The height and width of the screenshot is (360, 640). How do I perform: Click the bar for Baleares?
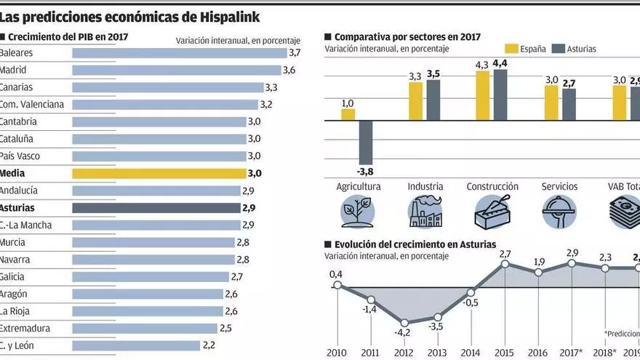click(x=179, y=53)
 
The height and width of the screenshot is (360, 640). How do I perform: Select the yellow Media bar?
click(x=159, y=173)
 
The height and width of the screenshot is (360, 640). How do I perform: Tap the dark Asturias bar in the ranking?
click(x=156, y=208)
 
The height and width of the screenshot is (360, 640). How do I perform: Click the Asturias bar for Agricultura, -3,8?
click(x=366, y=143)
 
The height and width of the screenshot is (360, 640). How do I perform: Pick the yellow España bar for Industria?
click(x=415, y=101)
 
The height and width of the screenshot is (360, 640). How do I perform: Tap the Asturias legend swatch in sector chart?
click(x=559, y=49)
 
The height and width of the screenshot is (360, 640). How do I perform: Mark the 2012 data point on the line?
click(x=404, y=320)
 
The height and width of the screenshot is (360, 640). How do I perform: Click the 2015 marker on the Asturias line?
click(x=505, y=265)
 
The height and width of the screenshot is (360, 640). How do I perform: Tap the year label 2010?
click(x=337, y=353)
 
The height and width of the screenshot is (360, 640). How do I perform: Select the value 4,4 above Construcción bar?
click(x=500, y=64)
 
